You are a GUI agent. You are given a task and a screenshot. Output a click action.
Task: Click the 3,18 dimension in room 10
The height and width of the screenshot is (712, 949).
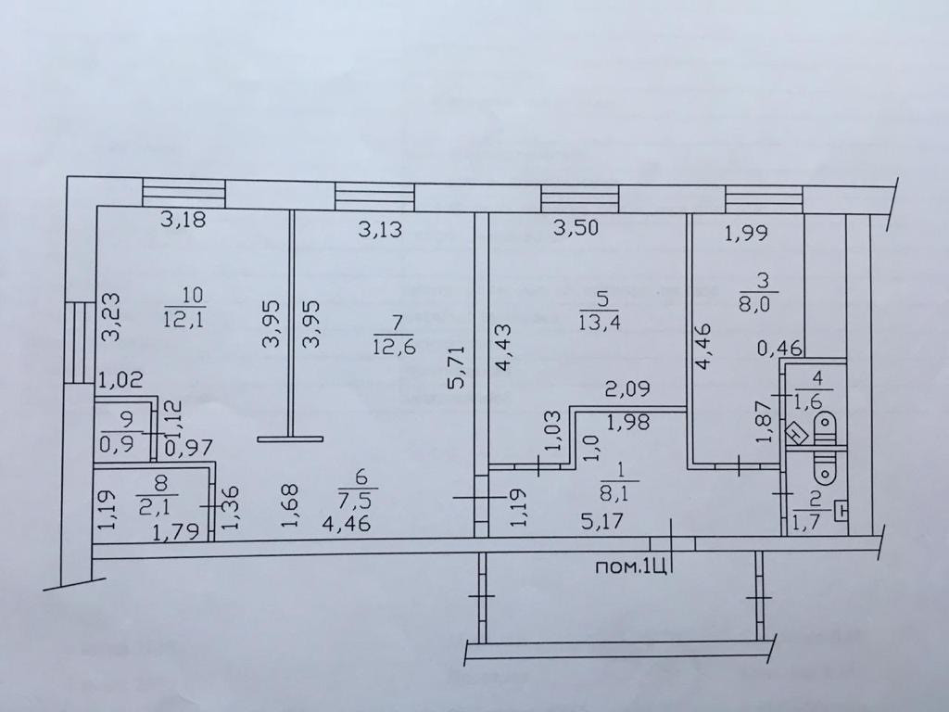pos(182,222)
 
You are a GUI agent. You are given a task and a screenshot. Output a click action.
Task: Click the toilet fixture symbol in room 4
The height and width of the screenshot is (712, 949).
pos(824,430)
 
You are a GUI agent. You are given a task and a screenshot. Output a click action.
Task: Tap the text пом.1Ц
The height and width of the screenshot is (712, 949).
pos(632,566)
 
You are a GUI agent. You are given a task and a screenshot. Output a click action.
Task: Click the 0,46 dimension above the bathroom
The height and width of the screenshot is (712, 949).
pos(779,349)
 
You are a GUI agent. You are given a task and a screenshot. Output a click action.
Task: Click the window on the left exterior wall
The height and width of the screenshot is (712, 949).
pos(79,340)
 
